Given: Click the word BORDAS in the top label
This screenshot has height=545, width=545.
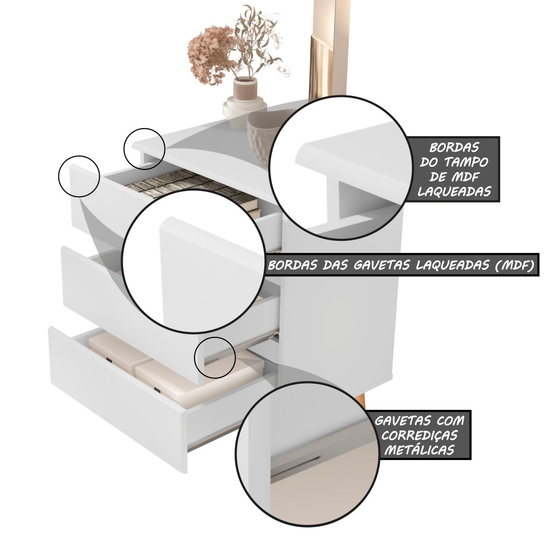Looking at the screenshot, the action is pos(454,147).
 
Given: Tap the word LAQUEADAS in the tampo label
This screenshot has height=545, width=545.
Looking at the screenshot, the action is pos(454,191).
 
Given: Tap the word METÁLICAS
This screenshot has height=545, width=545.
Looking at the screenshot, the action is pos(419,450).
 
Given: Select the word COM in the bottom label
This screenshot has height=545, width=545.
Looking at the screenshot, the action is pos(451,421).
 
